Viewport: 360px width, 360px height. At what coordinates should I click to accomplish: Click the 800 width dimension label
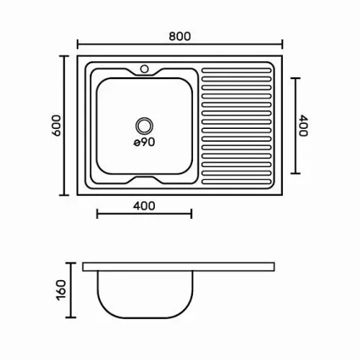[x=180, y=36]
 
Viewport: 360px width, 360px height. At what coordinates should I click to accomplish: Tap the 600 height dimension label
[x=57, y=125]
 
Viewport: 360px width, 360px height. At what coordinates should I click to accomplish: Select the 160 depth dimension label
[x=61, y=290]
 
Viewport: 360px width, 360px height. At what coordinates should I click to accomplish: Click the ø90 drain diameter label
[x=144, y=142]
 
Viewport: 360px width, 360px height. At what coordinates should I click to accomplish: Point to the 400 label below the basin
[x=144, y=206]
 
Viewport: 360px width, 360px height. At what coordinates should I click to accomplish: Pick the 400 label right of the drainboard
[x=303, y=125]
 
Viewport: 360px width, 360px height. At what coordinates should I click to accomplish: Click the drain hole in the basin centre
[x=144, y=126]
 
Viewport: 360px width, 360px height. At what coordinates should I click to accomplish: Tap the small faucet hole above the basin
[x=144, y=69]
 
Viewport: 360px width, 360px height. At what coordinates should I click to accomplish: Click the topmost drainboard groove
[x=236, y=71]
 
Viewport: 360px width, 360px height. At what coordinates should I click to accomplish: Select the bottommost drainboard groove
[x=236, y=181]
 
